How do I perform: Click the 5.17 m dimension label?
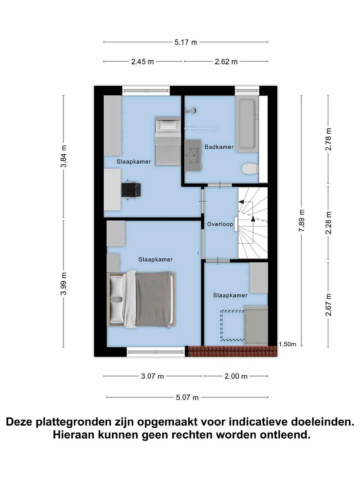[186, 42]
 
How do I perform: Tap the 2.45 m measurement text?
[142, 62]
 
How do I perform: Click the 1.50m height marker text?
[288, 344]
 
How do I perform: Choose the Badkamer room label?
[219, 147]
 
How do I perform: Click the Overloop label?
[220, 224]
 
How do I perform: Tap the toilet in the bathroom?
[250, 169]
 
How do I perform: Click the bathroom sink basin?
[194, 155]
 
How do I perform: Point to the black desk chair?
[131, 190]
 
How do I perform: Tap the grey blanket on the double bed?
[153, 299]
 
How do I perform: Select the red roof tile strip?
[233, 351]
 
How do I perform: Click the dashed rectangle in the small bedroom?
[232, 325]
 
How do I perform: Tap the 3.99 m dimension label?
[63, 284]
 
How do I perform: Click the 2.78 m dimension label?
[328, 139]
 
